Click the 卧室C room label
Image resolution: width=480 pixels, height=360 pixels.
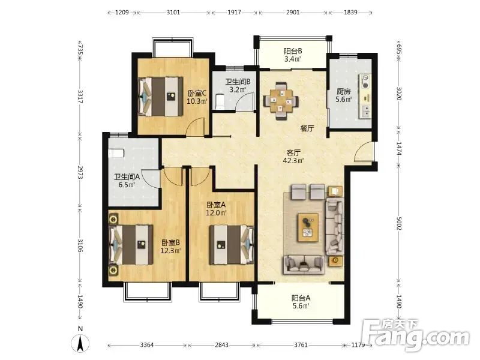[197, 97]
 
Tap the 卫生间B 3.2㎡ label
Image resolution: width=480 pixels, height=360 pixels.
[238, 86]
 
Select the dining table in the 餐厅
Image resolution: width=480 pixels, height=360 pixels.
[281, 101]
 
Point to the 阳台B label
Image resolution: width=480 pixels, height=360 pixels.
[293, 51]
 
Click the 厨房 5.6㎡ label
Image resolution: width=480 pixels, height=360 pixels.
[343, 95]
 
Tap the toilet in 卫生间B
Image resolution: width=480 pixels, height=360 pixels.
[220, 101]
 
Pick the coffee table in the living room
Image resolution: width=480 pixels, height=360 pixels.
[308, 228]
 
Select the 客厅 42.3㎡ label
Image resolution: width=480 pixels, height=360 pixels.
[293, 157]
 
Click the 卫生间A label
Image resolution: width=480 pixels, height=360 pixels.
[127, 176]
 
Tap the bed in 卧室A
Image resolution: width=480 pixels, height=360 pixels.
[232, 245]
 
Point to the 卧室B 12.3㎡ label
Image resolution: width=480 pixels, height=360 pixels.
[170, 247]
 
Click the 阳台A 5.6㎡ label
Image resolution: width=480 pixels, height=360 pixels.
[301, 302]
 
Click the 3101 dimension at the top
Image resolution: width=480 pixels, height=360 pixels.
[173, 13]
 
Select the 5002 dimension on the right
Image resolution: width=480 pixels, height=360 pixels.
[398, 224]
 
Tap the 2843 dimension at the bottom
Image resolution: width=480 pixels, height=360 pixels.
[221, 345]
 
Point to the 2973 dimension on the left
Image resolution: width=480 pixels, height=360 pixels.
[80, 172]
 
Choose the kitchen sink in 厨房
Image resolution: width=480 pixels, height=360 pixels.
[365, 111]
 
